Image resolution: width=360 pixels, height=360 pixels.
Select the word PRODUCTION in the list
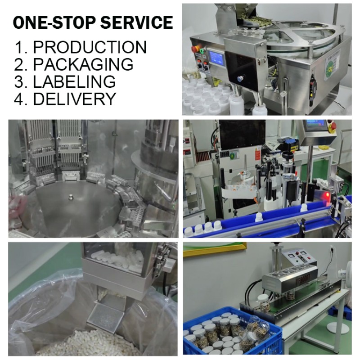[x=90, y=47]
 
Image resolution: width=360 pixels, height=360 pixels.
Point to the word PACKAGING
[x=83, y=64]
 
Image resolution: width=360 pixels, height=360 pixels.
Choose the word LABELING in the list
[x=74, y=81]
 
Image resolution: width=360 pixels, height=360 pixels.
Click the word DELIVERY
[x=75, y=99]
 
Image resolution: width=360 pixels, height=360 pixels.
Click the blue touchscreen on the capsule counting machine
[x=216, y=57]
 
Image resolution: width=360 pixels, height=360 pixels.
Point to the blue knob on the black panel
[x=240, y=78]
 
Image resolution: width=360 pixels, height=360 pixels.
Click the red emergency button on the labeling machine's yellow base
[x=333, y=126]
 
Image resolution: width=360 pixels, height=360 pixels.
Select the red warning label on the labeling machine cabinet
[x=257, y=155]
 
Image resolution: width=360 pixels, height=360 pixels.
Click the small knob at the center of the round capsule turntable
[x=71, y=196]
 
